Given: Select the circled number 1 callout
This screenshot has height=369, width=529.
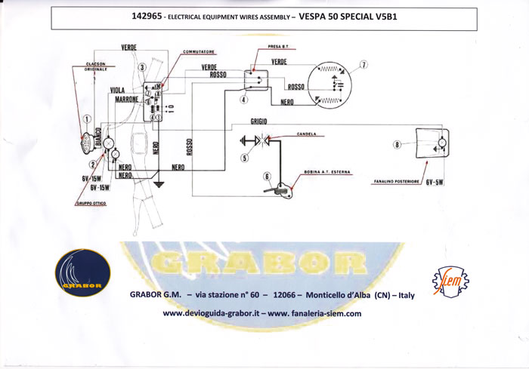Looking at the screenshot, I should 88,118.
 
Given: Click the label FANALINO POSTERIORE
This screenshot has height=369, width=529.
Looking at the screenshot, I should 397,182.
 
